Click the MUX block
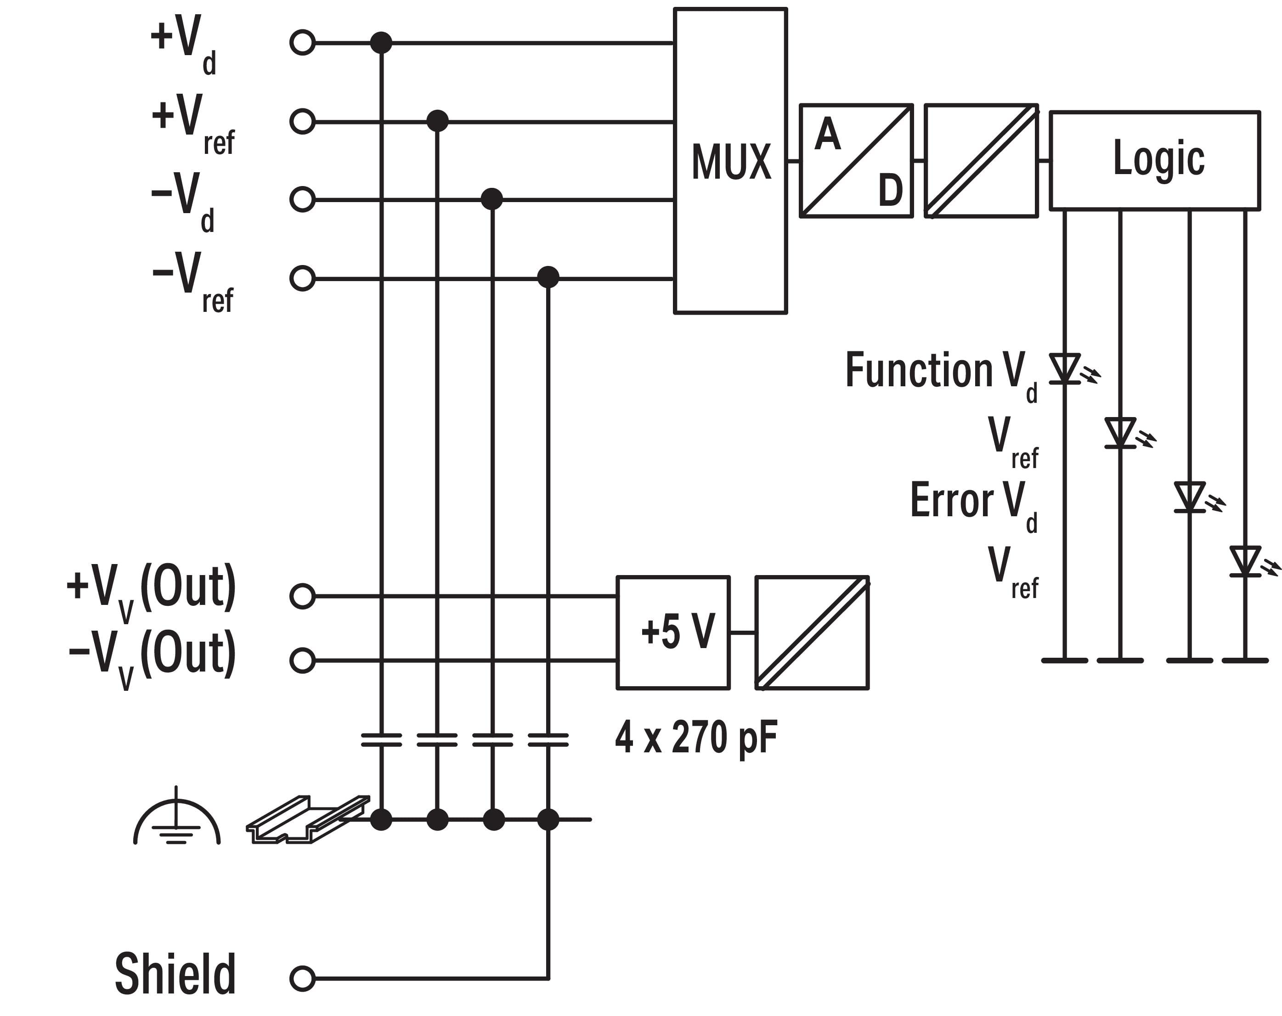pos(730,160)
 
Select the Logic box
pos(1154,160)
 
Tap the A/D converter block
pos(856,160)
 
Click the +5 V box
pos(673,632)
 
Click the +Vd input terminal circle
pos(302,43)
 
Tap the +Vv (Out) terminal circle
pos(302,596)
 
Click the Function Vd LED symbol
pos(1065,368)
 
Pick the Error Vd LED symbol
pos(1190,497)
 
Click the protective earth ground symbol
pos(176,818)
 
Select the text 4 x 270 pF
pos(696,737)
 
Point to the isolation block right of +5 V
pos(812,632)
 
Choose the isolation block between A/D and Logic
pos(981,160)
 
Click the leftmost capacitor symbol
pos(381,739)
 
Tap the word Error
pos(951,499)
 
